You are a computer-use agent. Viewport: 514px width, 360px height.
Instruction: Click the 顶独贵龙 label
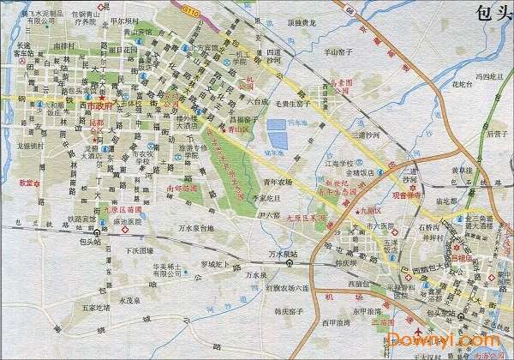300,23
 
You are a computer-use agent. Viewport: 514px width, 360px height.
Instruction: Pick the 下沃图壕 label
138,252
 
